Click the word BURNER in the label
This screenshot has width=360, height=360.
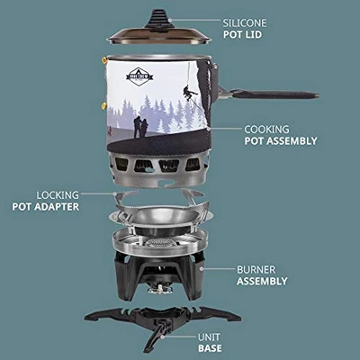256,268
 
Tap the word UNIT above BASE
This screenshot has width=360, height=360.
210,335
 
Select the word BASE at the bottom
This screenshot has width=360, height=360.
210,347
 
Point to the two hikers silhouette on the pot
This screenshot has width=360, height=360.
141,127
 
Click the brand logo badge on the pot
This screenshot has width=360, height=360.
139,76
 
